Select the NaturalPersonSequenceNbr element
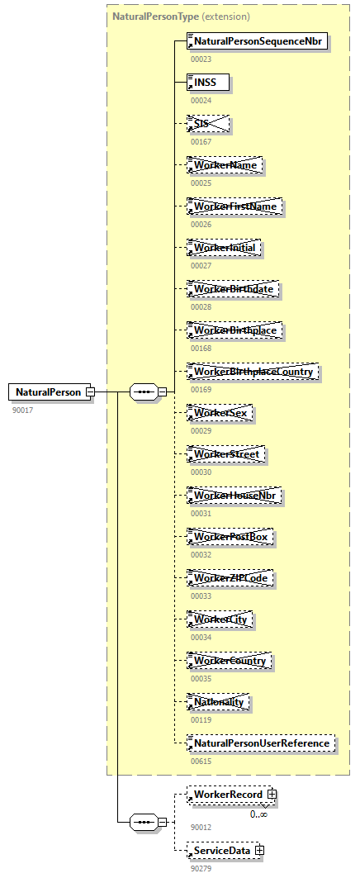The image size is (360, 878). tap(258, 40)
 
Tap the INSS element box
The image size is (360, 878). tap(208, 82)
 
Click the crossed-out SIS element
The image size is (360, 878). tap(208, 124)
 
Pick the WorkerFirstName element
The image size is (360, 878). tap(235, 206)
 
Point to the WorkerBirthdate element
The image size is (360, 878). tap(234, 289)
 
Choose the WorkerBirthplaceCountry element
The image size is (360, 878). tap(253, 372)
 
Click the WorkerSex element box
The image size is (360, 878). tap(220, 413)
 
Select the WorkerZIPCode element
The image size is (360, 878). tap(230, 578)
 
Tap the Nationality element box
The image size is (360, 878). tap(219, 702)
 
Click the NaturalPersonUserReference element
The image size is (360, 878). tap(261, 743)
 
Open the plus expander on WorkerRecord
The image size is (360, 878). tap(271, 795)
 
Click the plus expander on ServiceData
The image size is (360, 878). tap(259, 849)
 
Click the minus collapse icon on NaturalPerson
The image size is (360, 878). tap(91, 392)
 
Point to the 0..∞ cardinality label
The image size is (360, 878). tap(258, 814)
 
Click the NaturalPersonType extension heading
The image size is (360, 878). tap(181, 16)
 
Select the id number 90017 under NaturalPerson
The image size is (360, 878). tap(21, 410)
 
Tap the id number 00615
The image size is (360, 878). tap(201, 761)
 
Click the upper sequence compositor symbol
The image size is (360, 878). tap(144, 392)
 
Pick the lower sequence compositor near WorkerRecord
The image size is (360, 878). tap(144, 822)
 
